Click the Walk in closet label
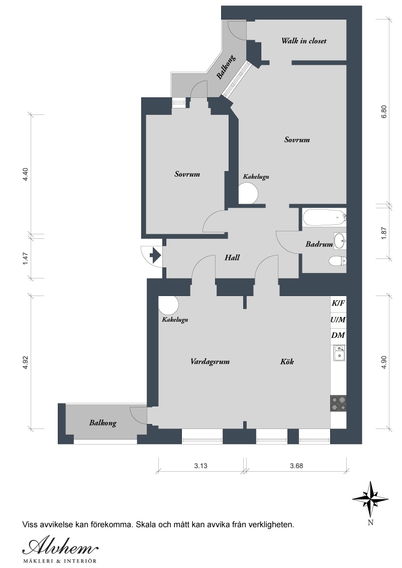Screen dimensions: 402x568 [304, 41]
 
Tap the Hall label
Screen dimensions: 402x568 [232, 257]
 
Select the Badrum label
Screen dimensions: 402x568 [319, 244]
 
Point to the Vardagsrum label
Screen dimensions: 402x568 [210, 361]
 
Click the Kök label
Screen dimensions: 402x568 [287, 361]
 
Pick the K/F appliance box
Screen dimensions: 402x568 [338, 304]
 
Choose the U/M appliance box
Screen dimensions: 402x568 [338, 320]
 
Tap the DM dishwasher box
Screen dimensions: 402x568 [338, 336]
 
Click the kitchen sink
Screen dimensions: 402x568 [339, 353]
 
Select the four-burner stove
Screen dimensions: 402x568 [338, 403]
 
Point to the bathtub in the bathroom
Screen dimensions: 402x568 [323, 218]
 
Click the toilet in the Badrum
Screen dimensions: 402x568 [337, 261]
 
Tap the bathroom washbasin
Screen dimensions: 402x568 [340, 241]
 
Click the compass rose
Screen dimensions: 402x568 [370, 500]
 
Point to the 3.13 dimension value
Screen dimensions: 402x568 [200, 466]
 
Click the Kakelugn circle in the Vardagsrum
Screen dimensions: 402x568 [168, 305]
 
